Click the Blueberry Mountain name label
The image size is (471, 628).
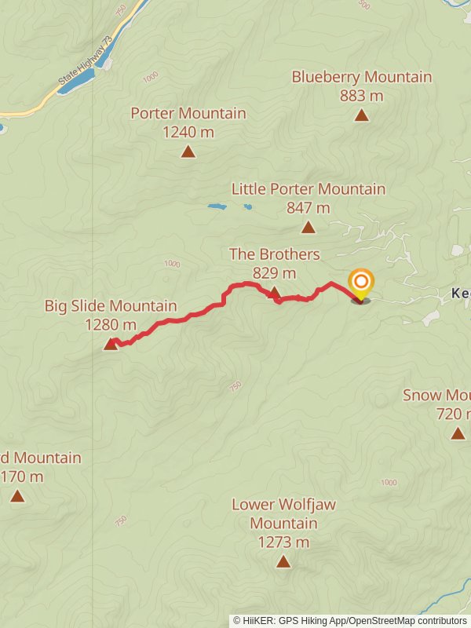pyautogui.click(x=361, y=77)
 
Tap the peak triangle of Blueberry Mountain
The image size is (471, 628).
pyautogui.click(x=361, y=115)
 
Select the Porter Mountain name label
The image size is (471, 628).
pyautogui.click(x=188, y=113)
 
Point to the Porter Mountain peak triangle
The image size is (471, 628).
pyautogui.click(x=188, y=152)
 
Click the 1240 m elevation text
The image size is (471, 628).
pyautogui.click(x=188, y=132)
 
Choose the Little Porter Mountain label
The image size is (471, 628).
pyautogui.click(x=308, y=189)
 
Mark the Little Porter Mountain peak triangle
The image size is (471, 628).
pyautogui.click(x=309, y=228)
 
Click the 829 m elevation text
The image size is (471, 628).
pyautogui.click(x=274, y=273)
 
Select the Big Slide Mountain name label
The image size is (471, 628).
pyautogui.click(x=110, y=306)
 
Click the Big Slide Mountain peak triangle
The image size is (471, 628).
pyautogui.click(x=111, y=344)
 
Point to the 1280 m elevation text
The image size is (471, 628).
pyautogui.click(x=110, y=324)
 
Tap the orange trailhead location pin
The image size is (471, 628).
pyautogui.click(x=360, y=283)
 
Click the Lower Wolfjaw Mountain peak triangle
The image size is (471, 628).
pyautogui.click(x=283, y=561)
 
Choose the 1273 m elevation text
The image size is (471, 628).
pyautogui.click(x=283, y=542)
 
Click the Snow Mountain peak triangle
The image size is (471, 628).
pyautogui.click(x=458, y=433)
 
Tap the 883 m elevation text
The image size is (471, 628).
pyautogui.click(x=361, y=96)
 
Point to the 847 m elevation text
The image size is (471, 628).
pyautogui.click(x=308, y=208)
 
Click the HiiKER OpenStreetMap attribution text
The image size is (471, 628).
pyautogui.click(x=349, y=620)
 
